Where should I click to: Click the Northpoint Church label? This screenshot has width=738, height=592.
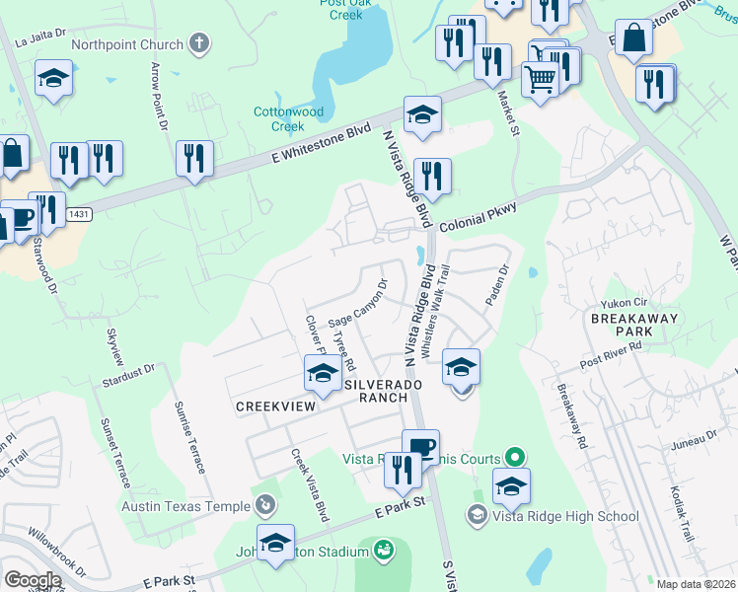pos(127,44)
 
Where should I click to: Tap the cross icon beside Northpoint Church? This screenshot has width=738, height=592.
pos(199,43)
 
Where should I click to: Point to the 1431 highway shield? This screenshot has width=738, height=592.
pos(79,214)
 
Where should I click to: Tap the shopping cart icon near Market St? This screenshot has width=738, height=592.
pos(540,77)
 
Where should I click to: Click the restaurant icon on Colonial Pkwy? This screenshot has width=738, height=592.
pos(432,178)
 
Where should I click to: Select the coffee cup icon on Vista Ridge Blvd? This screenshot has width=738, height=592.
pos(420,447)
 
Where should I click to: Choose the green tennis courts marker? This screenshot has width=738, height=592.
pos(513,458)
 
